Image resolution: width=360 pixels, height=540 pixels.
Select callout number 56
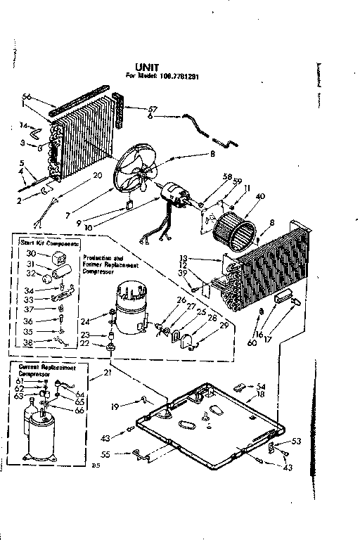(x=27, y=96)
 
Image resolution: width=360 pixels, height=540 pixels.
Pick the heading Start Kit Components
(x=47, y=243)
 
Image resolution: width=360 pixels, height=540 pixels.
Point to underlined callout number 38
(x=27, y=343)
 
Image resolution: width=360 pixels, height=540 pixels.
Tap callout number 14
(x=23, y=127)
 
